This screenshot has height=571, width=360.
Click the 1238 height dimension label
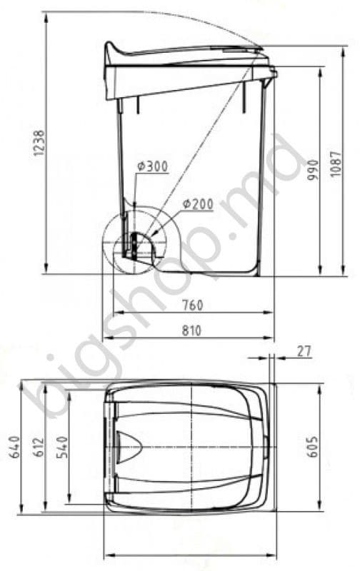(x=39, y=143)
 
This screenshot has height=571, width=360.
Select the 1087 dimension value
(x=336, y=164)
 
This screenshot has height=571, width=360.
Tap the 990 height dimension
(x=313, y=170)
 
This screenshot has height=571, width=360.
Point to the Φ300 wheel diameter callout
(x=153, y=166)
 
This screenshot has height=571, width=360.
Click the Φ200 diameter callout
(x=198, y=204)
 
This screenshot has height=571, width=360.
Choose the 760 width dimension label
(x=192, y=305)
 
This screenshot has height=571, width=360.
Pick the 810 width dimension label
(x=191, y=330)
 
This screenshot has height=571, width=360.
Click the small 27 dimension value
(x=304, y=351)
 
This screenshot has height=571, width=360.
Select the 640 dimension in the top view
(x=14, y=447)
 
